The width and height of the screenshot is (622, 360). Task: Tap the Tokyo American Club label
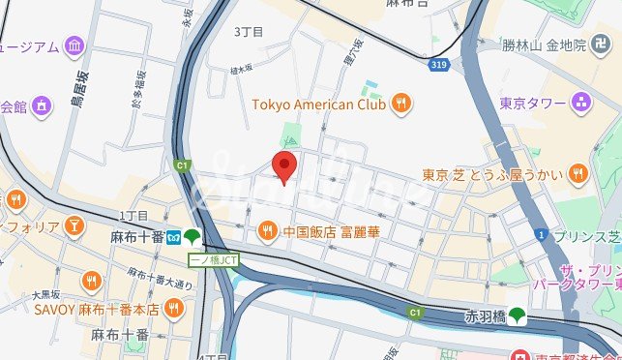[319, 104]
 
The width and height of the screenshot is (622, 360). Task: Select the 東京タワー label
[532, 103]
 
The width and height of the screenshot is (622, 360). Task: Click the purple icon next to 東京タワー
[579, 102]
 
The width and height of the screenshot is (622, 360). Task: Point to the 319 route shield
[438, 63]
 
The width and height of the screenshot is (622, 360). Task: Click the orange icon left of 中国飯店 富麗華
[267, 231]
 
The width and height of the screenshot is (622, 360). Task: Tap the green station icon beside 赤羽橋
[518, 315]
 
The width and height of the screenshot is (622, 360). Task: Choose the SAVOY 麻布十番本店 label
[97, 309]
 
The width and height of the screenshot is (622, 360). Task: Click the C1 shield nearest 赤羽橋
[415, 313]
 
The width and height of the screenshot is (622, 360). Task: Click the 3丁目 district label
[249, 32]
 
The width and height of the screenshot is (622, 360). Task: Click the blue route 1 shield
[544, 234]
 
